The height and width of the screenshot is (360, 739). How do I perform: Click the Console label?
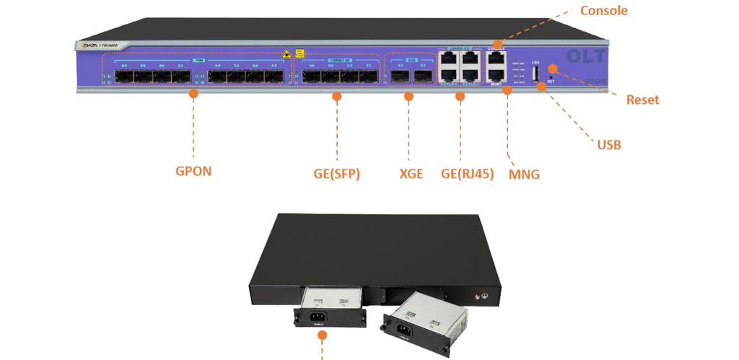(x=604, y=11)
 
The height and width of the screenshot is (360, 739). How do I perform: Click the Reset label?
(x=642, y=100)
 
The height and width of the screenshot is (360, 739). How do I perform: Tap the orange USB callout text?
(x=608, y=145)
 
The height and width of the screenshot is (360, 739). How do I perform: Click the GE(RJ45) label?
(x=467, y=173)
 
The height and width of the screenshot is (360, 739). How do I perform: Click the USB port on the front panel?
(x=535, y=74)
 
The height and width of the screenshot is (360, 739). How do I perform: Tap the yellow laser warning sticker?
(x=300, y=55)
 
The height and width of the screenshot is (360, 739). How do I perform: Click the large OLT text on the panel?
(x=585, y=56)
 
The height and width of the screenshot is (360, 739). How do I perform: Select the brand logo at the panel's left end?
(x=87, y=46)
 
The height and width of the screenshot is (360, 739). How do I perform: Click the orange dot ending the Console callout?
(x=498, y=45)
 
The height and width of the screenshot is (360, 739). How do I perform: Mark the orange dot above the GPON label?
(x=193, y=97)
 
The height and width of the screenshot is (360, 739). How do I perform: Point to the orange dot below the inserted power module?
(x=323, y=335)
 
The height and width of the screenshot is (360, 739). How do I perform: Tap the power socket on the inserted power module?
(x=315, y=315)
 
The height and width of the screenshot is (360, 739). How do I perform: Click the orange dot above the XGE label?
(x=409, y=97)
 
